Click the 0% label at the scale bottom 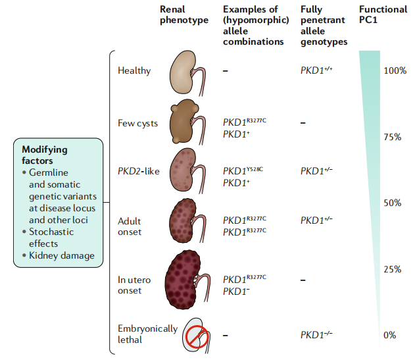click(x=390, y=335)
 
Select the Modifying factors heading click(x=45, y=155)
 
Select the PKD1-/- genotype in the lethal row click(x=316, y=334)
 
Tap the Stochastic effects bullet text click(x=51, y=238)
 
